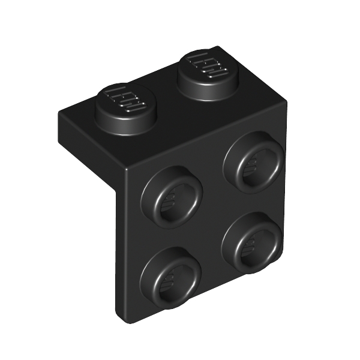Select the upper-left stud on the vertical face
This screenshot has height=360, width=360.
(x=171, y=195)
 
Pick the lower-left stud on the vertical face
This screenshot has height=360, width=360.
(x=170, y=276)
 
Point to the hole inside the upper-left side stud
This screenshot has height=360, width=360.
(x=174, y=199)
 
